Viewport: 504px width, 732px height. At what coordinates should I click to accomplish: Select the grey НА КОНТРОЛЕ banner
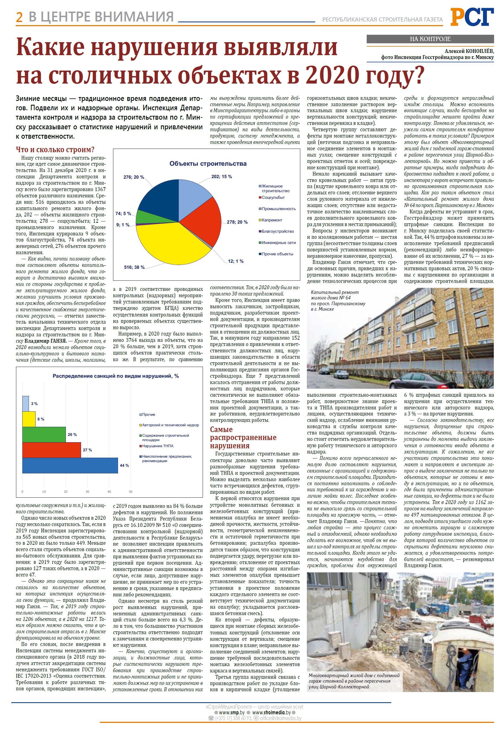430,39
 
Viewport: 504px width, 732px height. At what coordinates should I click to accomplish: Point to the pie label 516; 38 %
134,267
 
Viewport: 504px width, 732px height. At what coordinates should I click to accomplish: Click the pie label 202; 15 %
221,176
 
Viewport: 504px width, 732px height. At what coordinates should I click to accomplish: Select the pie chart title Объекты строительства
208,163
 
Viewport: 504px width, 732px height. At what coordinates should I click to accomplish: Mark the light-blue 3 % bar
26,404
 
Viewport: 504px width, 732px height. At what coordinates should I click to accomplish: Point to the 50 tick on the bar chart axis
131,491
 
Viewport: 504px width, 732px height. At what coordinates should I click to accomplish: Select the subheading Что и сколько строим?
55,149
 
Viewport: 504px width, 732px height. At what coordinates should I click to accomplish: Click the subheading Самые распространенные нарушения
243,437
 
